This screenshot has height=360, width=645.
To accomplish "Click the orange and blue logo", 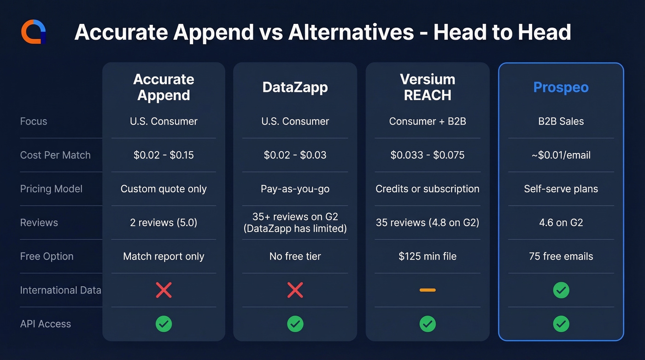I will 34,32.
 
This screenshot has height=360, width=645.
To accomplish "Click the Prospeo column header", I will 561,87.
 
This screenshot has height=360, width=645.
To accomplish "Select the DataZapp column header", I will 295,87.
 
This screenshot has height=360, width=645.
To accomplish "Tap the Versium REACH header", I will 427,87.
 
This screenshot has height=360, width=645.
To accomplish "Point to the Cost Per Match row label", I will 55,155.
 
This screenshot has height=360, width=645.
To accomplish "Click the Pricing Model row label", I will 51,189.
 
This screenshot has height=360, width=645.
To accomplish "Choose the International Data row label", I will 60,290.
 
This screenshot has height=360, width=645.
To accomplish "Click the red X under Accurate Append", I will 164,290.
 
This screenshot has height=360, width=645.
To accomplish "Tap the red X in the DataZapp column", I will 295,290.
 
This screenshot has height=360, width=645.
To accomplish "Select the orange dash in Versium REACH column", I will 427,290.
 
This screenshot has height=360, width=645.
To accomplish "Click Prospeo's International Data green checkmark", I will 561,290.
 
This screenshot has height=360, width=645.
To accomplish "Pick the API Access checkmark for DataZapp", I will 295,324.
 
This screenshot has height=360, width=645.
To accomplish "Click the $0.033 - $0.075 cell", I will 427,155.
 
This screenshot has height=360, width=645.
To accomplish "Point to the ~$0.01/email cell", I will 561,155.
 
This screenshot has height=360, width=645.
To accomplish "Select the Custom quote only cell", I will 164,189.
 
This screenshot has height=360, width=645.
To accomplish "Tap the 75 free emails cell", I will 561,256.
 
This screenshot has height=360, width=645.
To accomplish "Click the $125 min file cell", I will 427,256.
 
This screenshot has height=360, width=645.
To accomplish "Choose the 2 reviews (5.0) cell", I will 164,223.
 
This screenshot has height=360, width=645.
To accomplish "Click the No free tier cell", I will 295,256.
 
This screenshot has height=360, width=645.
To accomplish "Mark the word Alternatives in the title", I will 351,32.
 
